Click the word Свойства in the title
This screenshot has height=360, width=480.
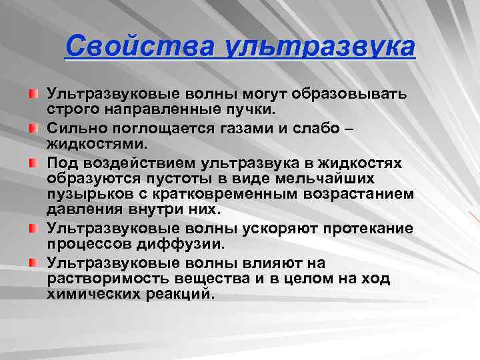coord(141,47)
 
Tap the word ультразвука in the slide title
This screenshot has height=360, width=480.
coord(321,47)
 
